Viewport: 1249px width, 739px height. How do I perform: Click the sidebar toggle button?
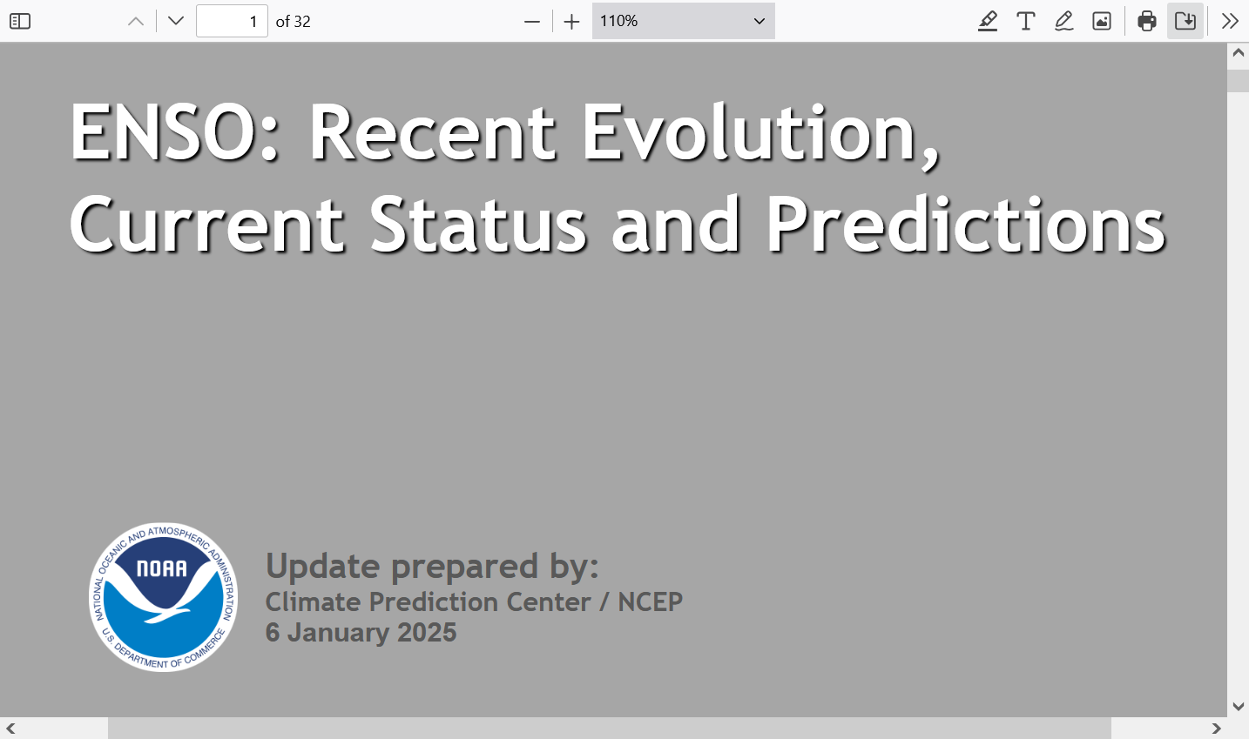20,21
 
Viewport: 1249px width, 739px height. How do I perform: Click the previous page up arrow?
136,22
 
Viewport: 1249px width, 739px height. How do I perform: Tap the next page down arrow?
176,21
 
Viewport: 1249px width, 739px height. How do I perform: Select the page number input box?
232,21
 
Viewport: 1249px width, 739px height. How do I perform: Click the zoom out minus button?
532,22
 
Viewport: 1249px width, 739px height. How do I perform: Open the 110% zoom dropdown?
683,21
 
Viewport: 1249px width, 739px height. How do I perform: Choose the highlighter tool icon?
988,21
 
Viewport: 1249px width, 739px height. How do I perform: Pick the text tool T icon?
1026,21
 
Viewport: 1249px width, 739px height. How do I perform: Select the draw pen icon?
1063,21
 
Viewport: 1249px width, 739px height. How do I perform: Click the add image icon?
1102,21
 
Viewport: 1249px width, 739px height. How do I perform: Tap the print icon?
1147,21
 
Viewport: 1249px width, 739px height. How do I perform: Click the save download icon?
1185,21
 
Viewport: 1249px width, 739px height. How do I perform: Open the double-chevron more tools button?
1230,21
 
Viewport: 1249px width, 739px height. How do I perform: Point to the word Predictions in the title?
966,225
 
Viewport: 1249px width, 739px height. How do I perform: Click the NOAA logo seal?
164,597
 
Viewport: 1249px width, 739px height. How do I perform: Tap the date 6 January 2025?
361,633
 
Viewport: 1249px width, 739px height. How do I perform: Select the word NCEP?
650,601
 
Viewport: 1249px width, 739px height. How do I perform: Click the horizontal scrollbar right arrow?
1216,729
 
